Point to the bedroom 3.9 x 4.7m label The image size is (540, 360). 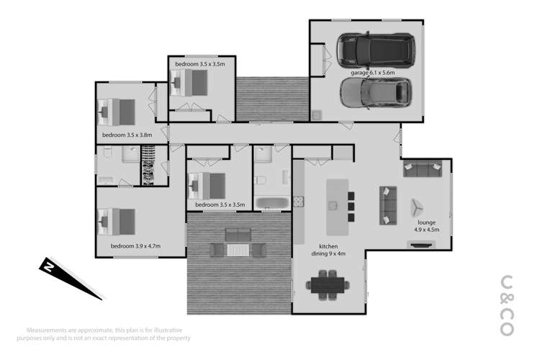tap(135, 246)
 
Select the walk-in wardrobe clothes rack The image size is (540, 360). tap(149, 165)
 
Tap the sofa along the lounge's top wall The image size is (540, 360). tap(423, 170)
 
